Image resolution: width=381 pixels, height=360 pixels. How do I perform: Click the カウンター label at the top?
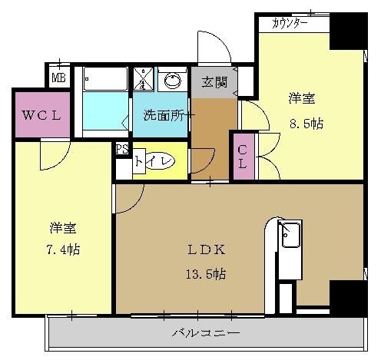point(290,24)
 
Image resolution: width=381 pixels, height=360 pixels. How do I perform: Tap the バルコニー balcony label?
point(205,333)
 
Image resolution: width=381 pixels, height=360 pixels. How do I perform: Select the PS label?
point(121,150)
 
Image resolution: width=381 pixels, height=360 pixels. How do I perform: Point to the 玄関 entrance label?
point(214,82)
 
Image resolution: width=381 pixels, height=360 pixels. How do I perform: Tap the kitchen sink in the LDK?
point(291,235)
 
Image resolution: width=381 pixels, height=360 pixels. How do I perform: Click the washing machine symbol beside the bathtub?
point(144,78)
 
